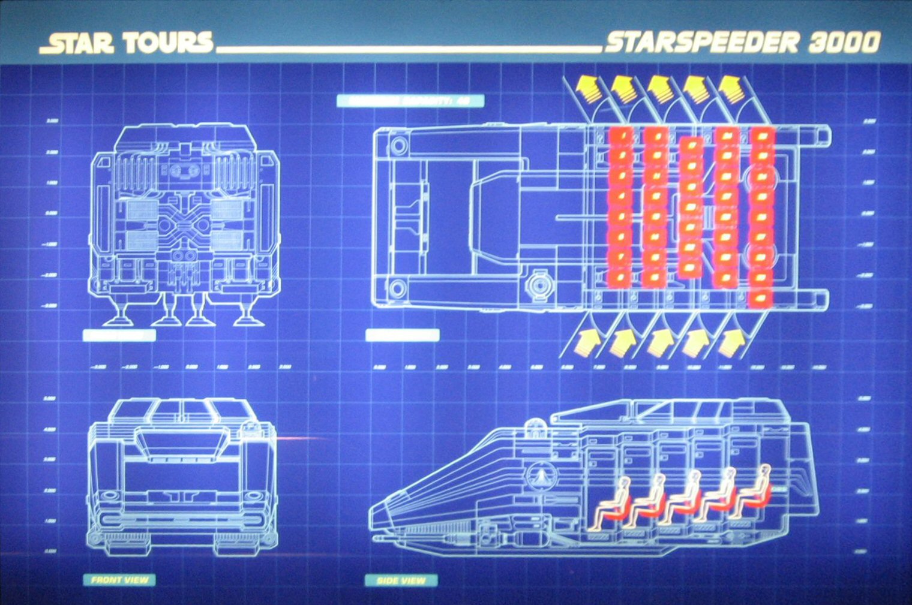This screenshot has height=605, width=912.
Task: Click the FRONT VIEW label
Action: click(x=119, y=580)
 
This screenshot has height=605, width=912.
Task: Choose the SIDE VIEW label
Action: click(x=401, y=580)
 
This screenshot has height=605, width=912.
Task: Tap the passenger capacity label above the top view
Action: click(x=410, y=101)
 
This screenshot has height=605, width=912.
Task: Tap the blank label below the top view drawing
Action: click(x=402, y=335)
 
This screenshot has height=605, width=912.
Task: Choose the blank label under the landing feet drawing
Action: click(x=119, y=335)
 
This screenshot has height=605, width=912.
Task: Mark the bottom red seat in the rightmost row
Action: click(x=762, y=297)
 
